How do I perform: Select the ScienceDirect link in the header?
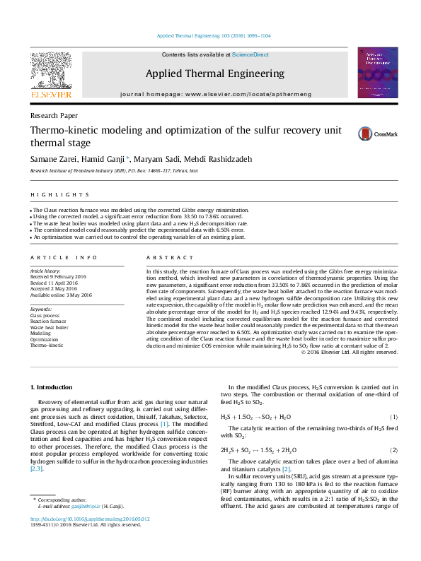coord(250,54)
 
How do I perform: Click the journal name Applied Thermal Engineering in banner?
coord(214,73)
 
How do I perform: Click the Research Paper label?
coord(54,114)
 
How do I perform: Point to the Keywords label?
coord(41,309)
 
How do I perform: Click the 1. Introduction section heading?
coord(52,387)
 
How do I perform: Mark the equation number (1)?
coord(393,418)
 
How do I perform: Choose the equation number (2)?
coord(393,450)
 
